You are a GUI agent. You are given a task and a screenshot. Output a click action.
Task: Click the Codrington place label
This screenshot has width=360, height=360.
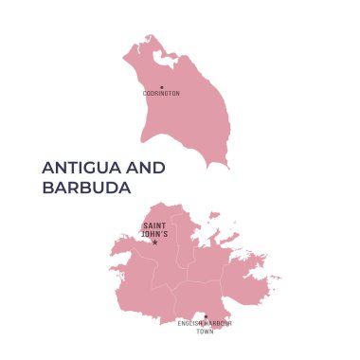click(161, 94)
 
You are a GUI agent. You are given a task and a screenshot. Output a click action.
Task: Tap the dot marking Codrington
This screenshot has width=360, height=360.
click(161, 87)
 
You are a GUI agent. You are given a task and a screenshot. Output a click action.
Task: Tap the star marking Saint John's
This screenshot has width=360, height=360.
click(154, 242)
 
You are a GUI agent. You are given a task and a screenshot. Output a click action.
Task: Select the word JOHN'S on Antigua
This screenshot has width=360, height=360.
click(154, 233)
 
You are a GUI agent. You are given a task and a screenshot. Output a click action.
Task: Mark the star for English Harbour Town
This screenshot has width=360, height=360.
click(206, 316)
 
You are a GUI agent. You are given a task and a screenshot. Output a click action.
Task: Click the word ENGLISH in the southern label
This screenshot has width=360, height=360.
click(191, 324)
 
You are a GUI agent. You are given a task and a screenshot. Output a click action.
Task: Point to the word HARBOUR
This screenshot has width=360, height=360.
click(219, 324)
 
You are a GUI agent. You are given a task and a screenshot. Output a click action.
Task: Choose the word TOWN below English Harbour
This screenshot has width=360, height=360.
click(206, 332)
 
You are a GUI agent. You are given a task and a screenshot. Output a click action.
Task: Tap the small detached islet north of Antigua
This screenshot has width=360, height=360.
click(214, 216)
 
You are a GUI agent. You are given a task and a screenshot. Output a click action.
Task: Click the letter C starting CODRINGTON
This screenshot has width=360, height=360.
click(144, 94)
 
